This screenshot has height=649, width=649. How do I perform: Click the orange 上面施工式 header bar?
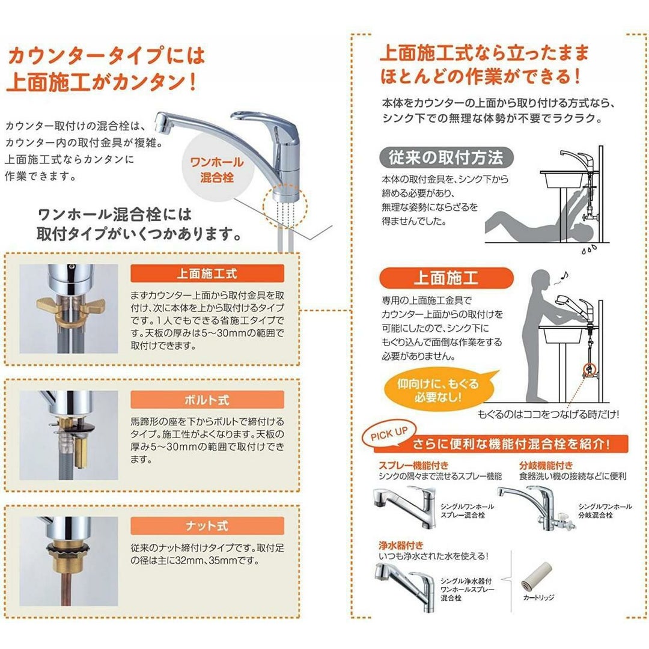coord(207,273)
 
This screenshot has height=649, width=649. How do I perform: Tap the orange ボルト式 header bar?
coord(207,400)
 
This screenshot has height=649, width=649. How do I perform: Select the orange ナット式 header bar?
coord(207,526)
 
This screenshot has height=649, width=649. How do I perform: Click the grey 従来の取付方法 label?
coord(446,157)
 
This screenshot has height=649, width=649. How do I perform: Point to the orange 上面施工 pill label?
coord(446,278)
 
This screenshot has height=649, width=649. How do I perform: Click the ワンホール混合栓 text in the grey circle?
coord(217,169)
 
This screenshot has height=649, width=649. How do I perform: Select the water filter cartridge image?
coord(536,576)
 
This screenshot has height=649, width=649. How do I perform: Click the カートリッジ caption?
coord(538,598)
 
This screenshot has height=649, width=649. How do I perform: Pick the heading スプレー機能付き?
coord(413,465)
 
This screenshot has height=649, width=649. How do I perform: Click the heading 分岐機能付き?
coord(546,465)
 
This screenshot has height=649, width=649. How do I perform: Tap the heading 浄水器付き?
coord(401,545)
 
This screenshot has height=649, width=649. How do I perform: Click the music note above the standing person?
coord(564,275)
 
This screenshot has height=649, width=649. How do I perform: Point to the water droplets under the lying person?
coord(589,249)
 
